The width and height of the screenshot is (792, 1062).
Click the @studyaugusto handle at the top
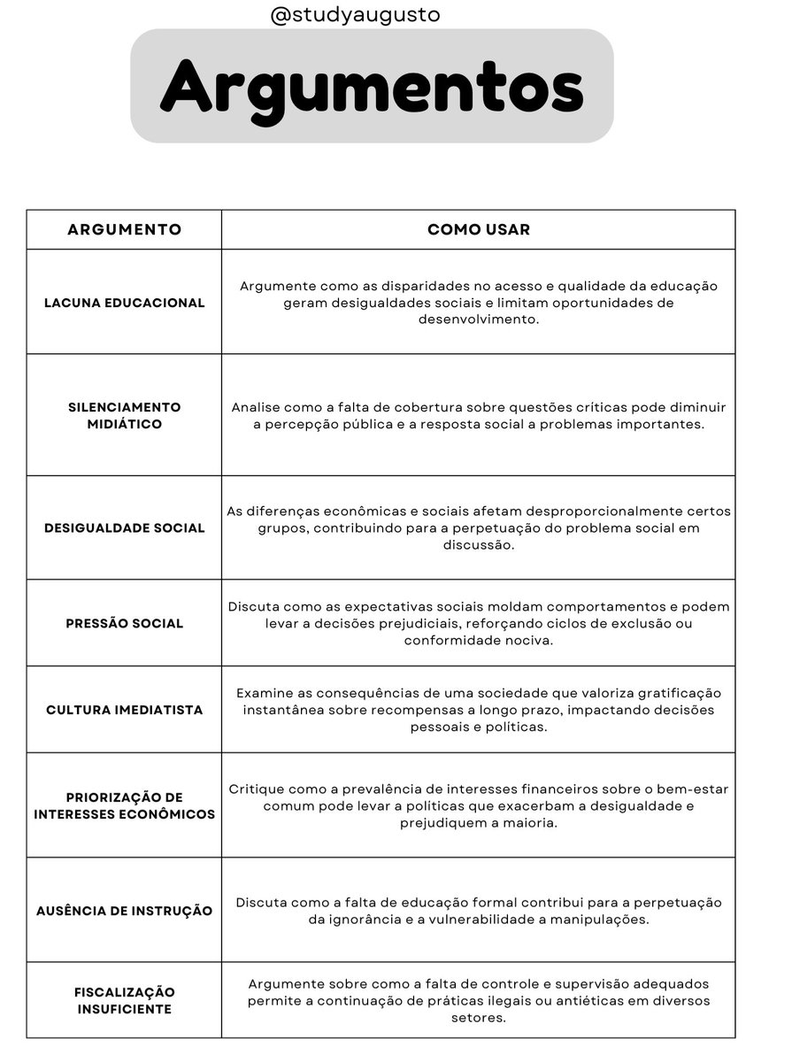[x=354, y=15]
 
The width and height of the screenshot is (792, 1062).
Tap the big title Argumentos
[x=372, y=86]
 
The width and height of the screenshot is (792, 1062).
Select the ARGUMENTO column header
[x=125, y=230]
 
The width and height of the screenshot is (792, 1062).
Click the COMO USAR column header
[x=479, y=230]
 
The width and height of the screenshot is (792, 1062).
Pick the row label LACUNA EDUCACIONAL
[x=125, y=303]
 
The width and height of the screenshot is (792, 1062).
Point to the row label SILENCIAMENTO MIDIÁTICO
[x=125, y=416]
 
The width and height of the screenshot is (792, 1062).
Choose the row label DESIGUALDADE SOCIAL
[x=125, y=528]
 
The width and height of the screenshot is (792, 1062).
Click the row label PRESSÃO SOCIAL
[x=125, y=624]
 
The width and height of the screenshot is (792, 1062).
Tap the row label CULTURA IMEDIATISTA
[x=125, y=710]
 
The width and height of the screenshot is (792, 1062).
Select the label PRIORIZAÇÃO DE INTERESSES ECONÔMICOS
[x=125, y=805]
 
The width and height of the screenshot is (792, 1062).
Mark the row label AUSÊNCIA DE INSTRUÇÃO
[x=125, y=911]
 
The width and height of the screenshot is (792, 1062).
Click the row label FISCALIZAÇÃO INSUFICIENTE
[x=125, y=1001]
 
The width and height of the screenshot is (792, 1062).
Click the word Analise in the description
[x=257, y=408]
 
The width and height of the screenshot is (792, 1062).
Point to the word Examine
[x=264, y=693]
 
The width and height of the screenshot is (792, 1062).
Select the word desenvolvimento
[x=479, y=319]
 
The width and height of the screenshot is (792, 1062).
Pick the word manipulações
[x=600, y=920]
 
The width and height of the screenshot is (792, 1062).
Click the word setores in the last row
[x=479, y=1018]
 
